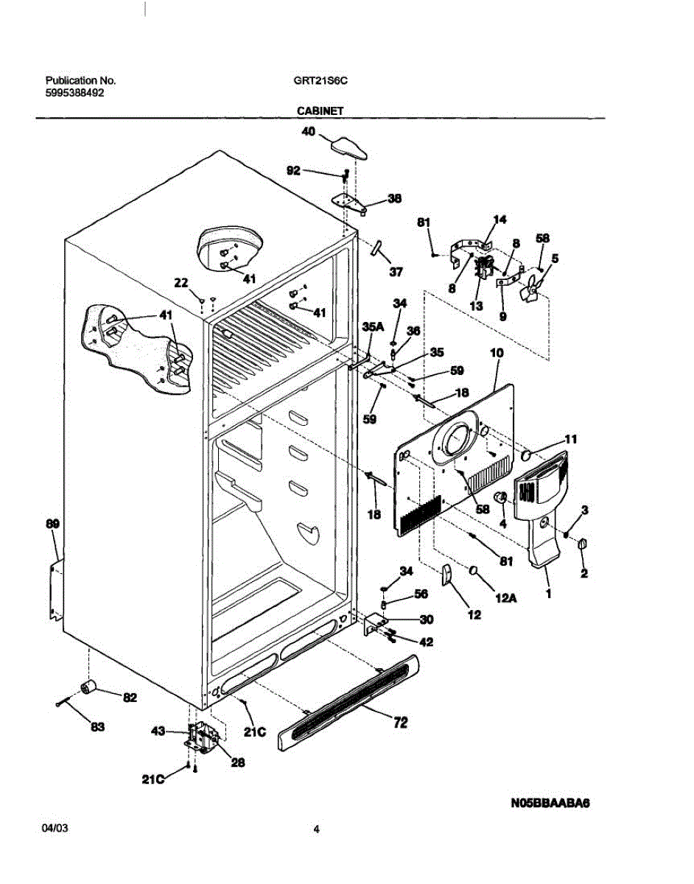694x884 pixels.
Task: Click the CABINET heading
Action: pos(320,110)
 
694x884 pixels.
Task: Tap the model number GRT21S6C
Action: pos(320,80)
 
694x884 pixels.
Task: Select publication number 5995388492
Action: pos(74,93)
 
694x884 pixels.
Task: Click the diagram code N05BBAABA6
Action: pos(550,803)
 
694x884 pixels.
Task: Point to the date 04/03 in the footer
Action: pos(55,828)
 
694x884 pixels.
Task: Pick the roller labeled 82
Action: pos(89,688)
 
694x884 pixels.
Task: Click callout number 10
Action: pos(497,353)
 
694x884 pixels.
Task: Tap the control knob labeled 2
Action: pos(582,544)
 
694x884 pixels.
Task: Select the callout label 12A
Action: pos(505,598)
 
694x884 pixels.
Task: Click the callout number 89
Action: pos(52,523)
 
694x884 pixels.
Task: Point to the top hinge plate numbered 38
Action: pos(349,203)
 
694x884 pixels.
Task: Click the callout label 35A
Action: pos(373,326)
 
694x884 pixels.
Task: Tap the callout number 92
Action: pos(293,170)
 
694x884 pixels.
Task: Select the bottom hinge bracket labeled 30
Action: pos(374,624)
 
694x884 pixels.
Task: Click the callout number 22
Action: pos(181,282)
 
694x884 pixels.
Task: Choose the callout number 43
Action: pos(158,731)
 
